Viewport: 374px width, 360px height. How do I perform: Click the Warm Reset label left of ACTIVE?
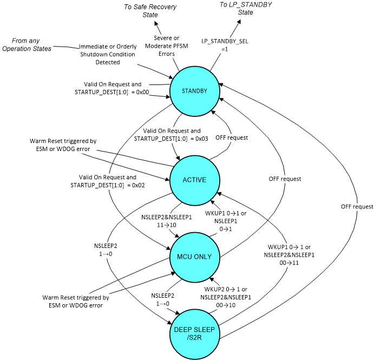(x=63, y=145)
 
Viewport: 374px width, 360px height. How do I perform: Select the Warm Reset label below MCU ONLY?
(x=75, y=302)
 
